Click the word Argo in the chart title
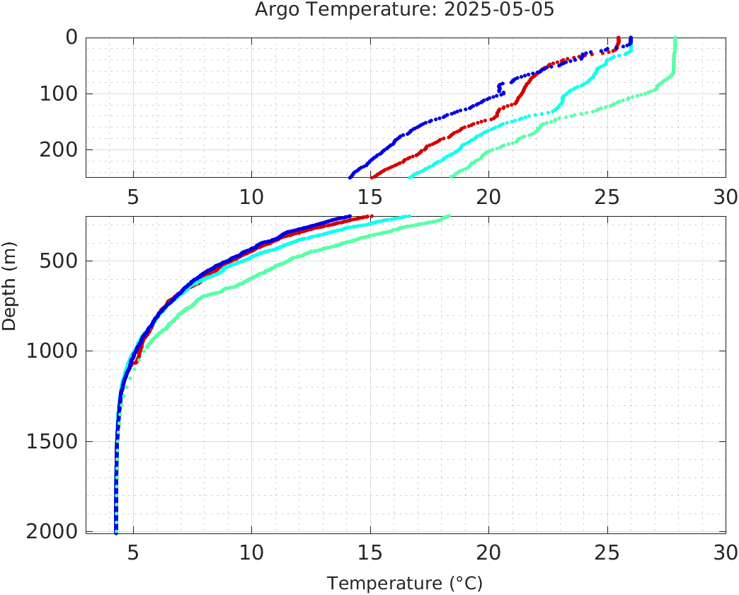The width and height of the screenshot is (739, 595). point(275,11)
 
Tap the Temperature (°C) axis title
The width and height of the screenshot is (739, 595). point(405,584)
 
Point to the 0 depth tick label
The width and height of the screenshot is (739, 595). point(71,38)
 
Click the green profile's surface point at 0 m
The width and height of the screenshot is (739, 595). point(675,38)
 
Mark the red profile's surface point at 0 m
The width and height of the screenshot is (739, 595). point(619,38)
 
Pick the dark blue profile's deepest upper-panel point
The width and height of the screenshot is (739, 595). point(350,177)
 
